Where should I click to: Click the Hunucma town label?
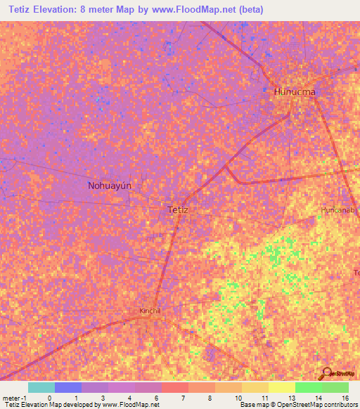[x=294, y=92]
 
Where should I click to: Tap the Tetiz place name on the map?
[x=179, y=209]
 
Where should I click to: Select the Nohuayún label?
[x=110, y=186]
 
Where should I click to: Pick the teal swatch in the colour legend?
[x=41, y=387]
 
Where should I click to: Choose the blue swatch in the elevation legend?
[x=68, y=387]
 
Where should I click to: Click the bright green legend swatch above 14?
[x=309, y=387]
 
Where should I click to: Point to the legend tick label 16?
[x=345, y=398]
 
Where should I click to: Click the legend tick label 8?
[x=209, y=398]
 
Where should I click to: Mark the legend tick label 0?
[x=49, y=398]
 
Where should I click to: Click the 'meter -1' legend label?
[x=13, y=398]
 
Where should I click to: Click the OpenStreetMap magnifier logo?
[x=326, y=372]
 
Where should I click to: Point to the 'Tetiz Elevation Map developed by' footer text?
[x=51, y=405]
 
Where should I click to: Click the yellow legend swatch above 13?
[x=281, y=387]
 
